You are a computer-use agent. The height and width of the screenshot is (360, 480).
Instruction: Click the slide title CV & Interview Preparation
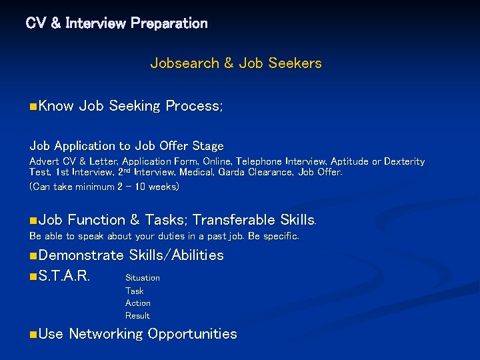[x=117, y=23]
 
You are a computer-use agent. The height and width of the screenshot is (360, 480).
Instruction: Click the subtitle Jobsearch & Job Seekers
[x=236, y=63]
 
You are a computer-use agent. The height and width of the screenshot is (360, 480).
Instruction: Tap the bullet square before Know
[x=33, y=106]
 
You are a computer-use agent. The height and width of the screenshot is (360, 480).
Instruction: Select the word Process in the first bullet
[x=193, y=106]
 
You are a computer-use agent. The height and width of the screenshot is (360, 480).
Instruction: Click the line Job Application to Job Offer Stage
[x=127, y=145]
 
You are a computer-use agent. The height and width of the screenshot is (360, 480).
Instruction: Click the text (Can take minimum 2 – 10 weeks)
[x=105, y=187]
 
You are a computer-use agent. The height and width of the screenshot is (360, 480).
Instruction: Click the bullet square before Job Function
[x=33, y=220]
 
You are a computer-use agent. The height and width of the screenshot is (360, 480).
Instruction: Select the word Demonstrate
[x=81, y=255]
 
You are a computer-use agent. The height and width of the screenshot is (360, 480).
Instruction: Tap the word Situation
[x=143, y=277]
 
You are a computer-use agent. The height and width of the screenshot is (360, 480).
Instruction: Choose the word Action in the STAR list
[x=138, y=303]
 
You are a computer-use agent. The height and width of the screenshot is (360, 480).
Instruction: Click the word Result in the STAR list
[x=138, y=315]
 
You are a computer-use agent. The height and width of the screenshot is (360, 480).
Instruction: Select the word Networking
[x=105, y=334]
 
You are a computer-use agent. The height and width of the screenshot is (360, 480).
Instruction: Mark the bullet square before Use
[x=33, y=334]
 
